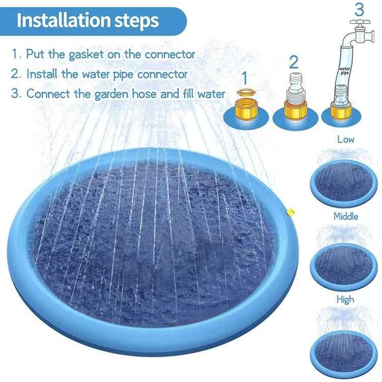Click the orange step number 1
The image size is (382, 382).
point(245,78)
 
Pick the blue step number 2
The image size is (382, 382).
point(293,62)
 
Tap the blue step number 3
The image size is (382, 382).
point(360,9)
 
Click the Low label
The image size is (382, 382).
point(346,139)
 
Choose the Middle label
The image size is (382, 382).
point(346,216)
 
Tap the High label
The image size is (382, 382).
point(345,300)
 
